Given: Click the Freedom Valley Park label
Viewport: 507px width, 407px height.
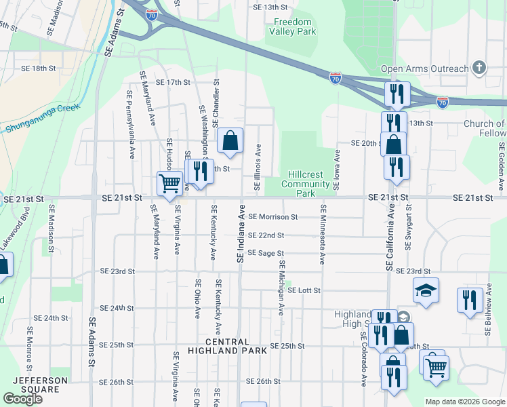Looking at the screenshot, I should tap(292, 26).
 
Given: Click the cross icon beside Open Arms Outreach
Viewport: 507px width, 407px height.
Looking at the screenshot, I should tap(479, 68).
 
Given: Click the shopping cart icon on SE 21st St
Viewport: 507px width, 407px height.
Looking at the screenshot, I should tap(169, 183).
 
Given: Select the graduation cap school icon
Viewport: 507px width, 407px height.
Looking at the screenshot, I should tap(426, 290).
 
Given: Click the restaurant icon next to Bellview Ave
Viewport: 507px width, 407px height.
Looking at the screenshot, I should tap(470, 299).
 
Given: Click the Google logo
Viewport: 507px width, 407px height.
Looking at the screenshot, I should tap(23, 399).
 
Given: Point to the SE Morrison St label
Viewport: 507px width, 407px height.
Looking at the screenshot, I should tap(273, 217).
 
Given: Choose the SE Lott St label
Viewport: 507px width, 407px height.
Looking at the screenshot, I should tap(302, 290).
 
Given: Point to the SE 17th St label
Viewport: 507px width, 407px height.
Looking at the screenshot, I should tap(174, 82).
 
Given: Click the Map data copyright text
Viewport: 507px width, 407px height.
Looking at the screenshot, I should tap(464, 402).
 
